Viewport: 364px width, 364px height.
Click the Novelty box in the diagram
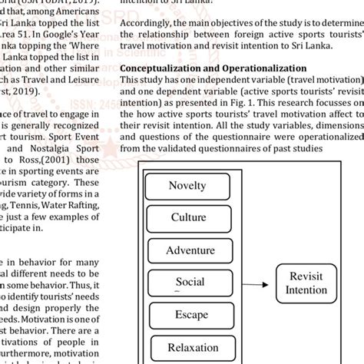188,185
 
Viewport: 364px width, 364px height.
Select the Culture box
188,217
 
